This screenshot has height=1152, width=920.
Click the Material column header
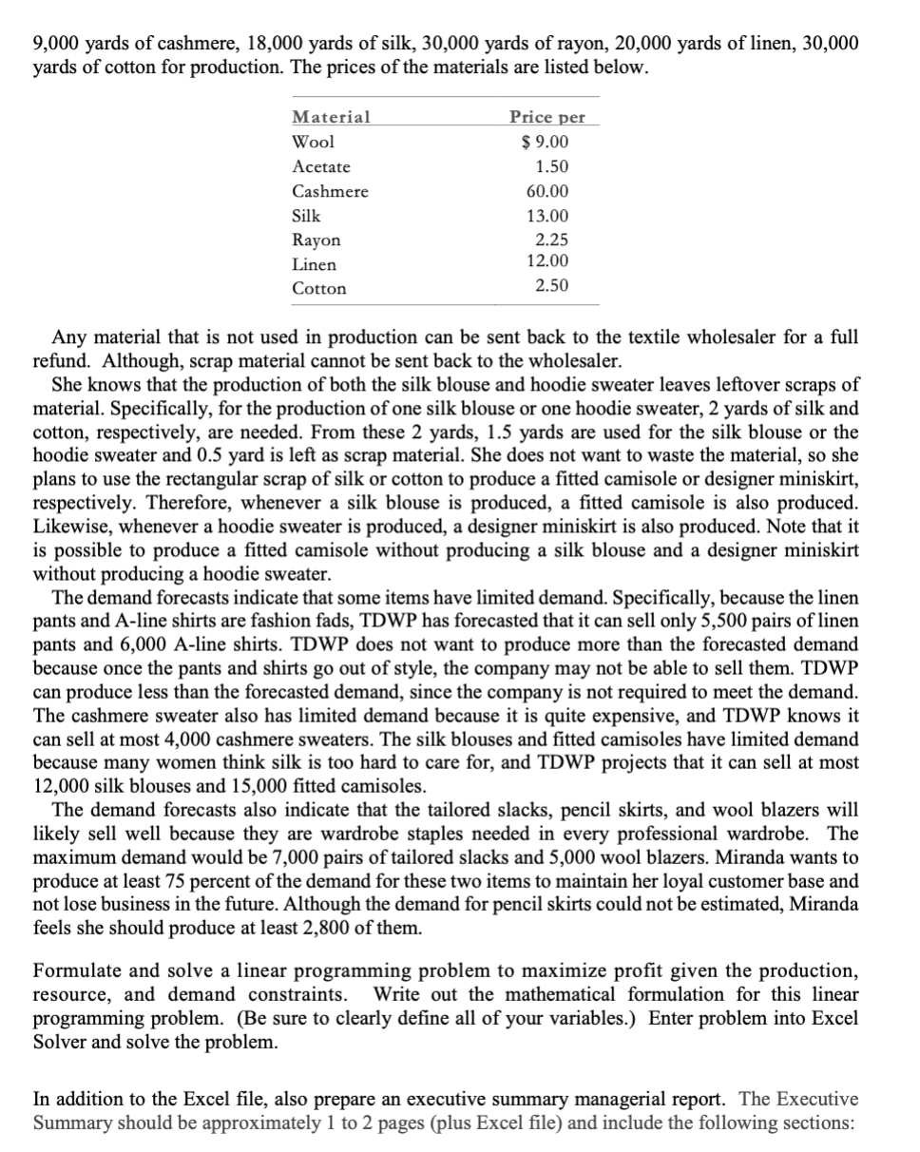click(x=331, y=118)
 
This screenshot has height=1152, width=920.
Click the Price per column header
click(x=547, y=118)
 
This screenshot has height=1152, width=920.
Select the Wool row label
click(x=313, y=143)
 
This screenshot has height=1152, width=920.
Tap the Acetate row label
click(x=321, y=167)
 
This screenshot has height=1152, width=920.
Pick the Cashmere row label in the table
click(x=330, y=192)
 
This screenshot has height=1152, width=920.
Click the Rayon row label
click(x=316, y=241)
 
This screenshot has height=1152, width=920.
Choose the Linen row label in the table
click(x=314, y=265)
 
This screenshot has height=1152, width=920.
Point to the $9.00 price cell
click(x=546, y=143)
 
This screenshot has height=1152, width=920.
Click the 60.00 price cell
click(x=548, y=192)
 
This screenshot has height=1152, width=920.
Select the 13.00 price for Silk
click(x=548, y=217)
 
